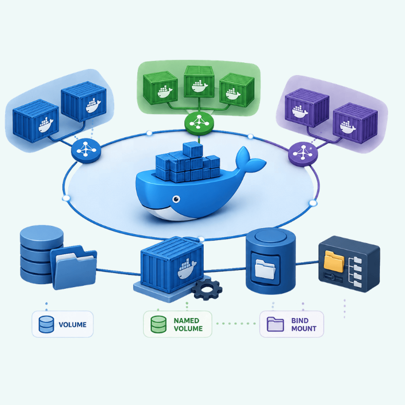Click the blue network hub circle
(86, 151)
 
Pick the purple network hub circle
(303, 154)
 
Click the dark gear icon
(207, 290)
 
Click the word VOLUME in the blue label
(73, 325)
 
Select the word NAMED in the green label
(186, 321)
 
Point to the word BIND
(300, 321)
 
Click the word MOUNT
(304, 329)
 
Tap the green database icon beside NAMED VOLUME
(159, 324)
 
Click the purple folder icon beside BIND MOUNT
(275, 324)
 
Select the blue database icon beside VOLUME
(47, 324)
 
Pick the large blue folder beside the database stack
(74, 268)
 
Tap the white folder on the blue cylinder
(265, 269)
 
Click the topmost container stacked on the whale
(193, 150)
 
